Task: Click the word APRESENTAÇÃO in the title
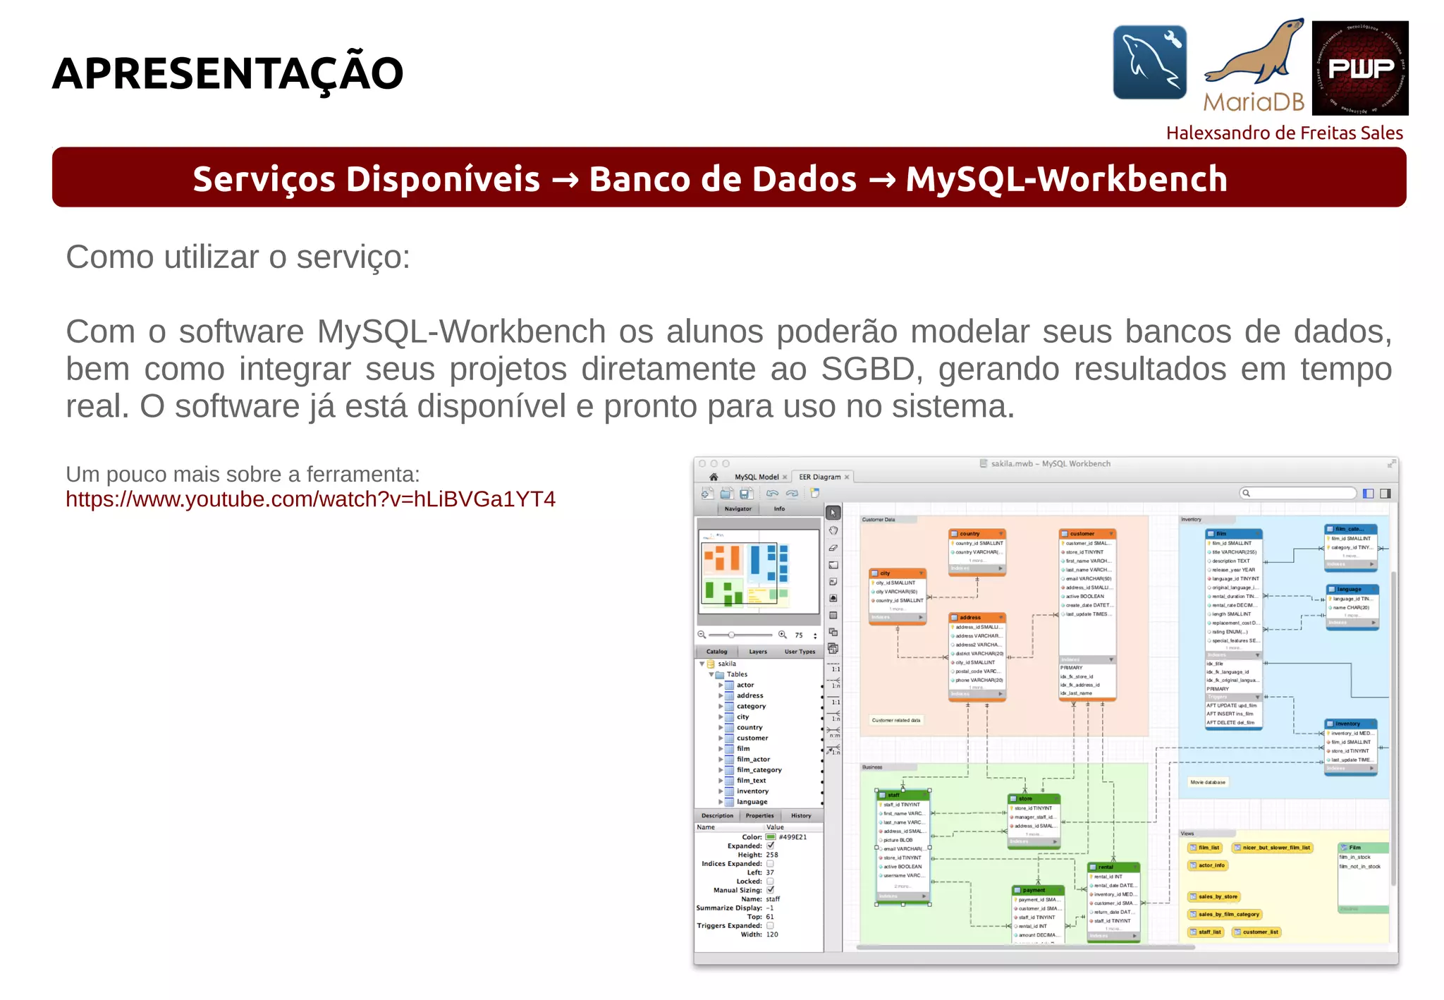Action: click(228, 73)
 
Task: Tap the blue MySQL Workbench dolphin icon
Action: click(1149, 63)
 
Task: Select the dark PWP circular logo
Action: click(1360, 68)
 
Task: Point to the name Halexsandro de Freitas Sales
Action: click(1284, 133)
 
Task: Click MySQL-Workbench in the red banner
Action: click(1066, 178)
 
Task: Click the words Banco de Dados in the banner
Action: click(722, 178)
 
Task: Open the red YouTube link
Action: click(310, 499)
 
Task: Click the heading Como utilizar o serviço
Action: click(238, 257)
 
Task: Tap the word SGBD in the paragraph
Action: click(871, 369)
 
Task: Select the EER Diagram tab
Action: click(820, 477)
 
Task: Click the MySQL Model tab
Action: click(757, 477)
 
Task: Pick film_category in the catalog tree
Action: click(759, 770)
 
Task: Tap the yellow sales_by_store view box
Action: click(1217, 897)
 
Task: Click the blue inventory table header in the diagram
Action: click(1350, 724)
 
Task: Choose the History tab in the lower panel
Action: click(801, 816)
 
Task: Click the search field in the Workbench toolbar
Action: click(1298, 494)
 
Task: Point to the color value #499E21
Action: click(793, 837)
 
